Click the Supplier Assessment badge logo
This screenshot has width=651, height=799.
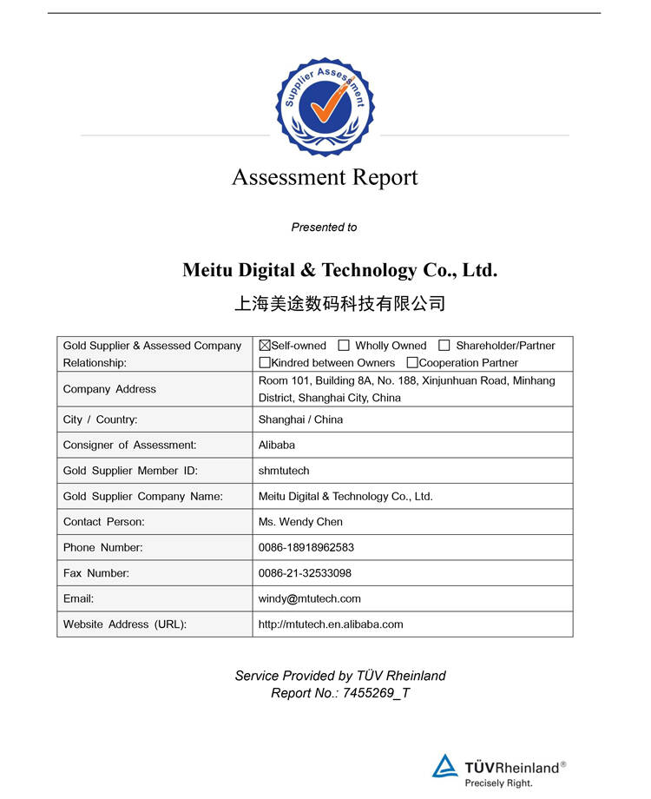click(x=325, y=106)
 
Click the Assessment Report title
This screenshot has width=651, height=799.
click(x=325, y=177)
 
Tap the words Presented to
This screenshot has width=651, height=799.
click(x=324, y=228)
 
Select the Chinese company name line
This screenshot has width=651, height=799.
click(x=340, y=304)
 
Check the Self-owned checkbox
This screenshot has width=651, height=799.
click(x=265, y=346)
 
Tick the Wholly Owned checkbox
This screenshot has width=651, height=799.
click(x=344, y=346)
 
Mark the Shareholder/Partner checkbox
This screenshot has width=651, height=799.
click(x=444, y=346)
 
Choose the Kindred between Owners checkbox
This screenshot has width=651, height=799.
click(x=265, y=363)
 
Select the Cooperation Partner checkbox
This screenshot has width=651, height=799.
click(x=412, y=363)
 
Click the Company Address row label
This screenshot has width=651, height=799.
click(x=109, y=389)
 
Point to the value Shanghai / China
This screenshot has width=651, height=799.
click(x=300, y=419)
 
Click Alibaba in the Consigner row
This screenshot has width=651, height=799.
click(x=277, y=445)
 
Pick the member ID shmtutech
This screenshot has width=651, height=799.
click(x=284, y=471)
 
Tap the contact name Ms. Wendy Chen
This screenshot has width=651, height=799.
click(x=300, y=522)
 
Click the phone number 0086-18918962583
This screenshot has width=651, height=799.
click(x=306, y=548)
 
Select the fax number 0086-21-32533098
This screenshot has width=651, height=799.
click(x=305, y=573)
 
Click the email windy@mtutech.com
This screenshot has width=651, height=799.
click(x=310, y=598)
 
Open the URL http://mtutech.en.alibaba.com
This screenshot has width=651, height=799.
click(x=331, y=624)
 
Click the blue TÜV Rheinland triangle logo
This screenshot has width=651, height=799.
click(x=445, y=766)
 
